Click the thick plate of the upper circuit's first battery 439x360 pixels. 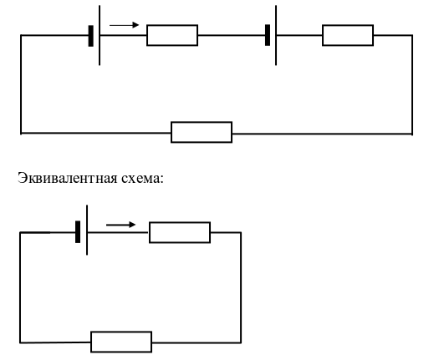tap(90, 36)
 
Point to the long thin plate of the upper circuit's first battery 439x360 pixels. tap(100, 35)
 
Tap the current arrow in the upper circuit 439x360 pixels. tap(124, 25)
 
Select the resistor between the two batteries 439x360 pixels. tap(172, 35)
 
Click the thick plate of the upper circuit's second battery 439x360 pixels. tap(268, 35)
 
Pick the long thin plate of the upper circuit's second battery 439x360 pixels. tap(276, 35)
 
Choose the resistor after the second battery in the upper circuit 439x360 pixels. tap(348, 35)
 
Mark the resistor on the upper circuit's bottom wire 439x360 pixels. tap(202, 132)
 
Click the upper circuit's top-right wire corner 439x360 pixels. tap(412, 35)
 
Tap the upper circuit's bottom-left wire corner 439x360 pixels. tap(21, 133)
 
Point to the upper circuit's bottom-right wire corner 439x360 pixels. tap(412, 134)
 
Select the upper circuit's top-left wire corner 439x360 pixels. tap(21, 35)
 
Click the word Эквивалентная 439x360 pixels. tap(68, 178)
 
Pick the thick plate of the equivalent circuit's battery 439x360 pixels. tap(78, 232)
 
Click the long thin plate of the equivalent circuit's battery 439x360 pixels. tap(87, 230)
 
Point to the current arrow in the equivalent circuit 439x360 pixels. tap(120, 225)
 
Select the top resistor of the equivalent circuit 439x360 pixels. tap(180, 232)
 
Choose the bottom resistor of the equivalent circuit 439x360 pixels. tap(121, 342)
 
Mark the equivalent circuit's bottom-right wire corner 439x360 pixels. tap(241, 342)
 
